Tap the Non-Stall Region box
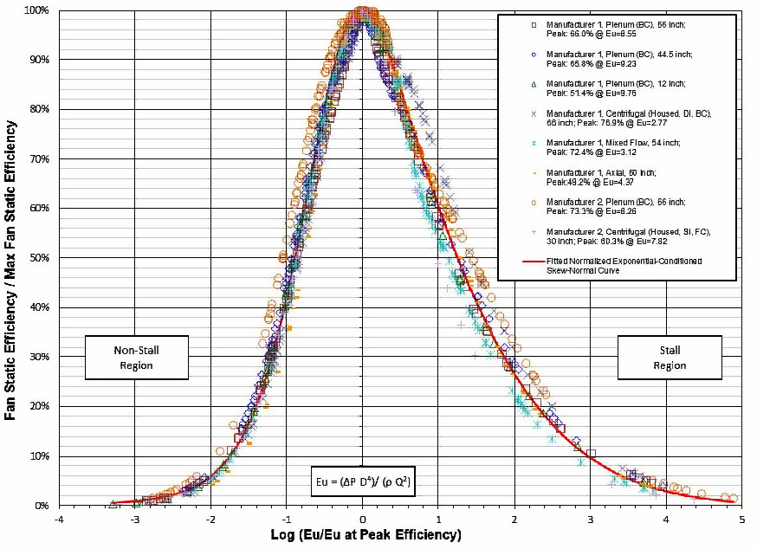(x=137, y=358)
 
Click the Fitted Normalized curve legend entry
(x=624, y=264)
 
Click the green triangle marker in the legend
(x=534, y=84)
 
